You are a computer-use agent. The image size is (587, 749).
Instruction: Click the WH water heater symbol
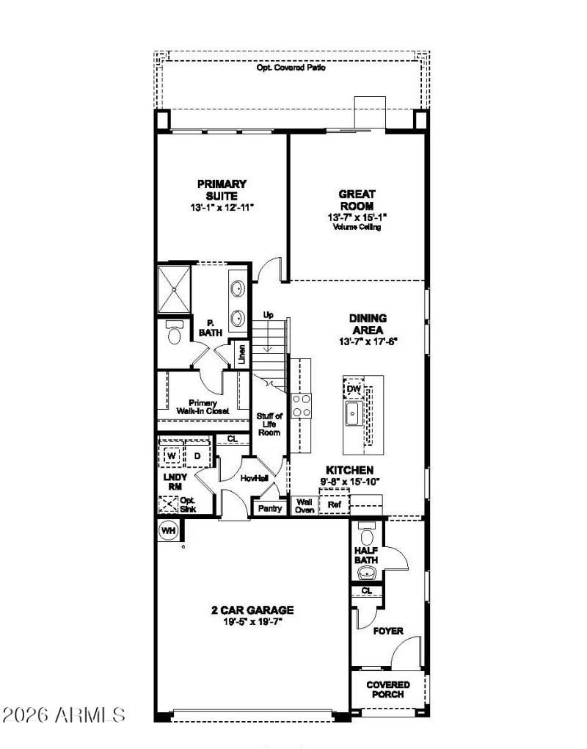click(168, 530)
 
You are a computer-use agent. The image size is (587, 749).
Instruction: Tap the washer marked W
click(172, 456)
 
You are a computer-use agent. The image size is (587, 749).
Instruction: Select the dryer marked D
click(197, 456)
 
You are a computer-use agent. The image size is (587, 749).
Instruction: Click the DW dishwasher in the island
click(354, 388)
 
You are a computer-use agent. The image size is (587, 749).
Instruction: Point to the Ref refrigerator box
click(335, 505)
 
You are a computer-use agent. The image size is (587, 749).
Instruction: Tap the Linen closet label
click(241, 355)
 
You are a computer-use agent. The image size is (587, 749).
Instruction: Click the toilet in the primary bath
click(174, 333)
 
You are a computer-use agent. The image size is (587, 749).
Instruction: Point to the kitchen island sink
click(352, 414)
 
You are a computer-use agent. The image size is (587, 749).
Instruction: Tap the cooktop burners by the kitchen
click(302, 405)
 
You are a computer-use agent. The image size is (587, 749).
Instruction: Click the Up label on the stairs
click(269, 315)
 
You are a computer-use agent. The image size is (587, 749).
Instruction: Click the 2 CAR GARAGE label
click(252, 609)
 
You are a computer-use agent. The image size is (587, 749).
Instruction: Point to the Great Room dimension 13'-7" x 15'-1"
click(357, 217)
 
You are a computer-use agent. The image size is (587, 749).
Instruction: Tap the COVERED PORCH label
click(388, 689)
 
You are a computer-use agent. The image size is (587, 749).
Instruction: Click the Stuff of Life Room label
click(269, 424)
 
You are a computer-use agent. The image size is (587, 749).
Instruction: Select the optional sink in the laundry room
click(168, 505)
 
